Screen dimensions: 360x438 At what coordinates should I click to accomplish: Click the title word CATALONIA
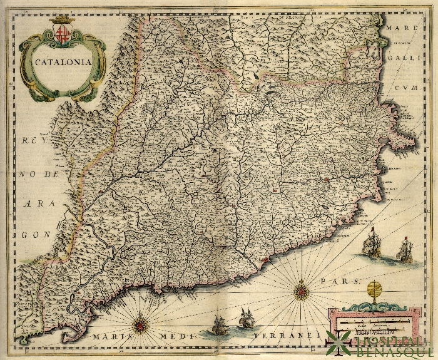point(62,62)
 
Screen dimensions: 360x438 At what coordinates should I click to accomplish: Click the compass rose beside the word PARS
point(302,290)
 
